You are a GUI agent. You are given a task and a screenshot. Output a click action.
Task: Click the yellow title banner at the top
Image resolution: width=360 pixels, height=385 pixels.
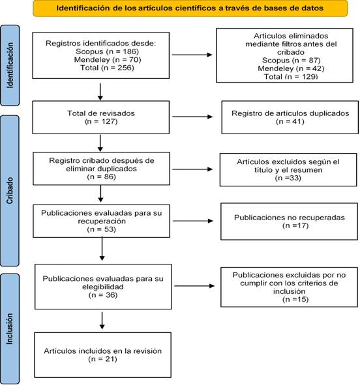click(190, 8)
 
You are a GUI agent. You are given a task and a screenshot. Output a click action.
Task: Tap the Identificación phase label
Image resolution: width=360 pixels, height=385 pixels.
click(10, 65)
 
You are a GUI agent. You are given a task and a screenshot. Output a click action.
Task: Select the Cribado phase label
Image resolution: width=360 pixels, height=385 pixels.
click(10, 191)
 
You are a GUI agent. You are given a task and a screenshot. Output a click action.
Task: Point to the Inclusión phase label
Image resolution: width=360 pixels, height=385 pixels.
click(10, 328)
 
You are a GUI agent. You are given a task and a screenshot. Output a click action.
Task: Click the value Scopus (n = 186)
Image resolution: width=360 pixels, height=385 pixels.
click(107, 51)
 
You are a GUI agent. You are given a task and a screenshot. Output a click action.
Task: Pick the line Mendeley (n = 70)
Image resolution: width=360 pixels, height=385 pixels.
click(108, 60)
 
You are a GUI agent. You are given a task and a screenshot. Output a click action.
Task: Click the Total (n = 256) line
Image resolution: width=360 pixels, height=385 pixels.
click(107, 68)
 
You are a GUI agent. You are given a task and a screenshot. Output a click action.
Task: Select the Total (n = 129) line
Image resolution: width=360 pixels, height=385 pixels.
click(291, 77)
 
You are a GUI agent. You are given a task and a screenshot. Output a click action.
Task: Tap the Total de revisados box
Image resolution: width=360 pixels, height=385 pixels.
click(100, 117)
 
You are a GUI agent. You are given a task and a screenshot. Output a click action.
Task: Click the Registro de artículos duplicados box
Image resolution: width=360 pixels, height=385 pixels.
click(290, 117)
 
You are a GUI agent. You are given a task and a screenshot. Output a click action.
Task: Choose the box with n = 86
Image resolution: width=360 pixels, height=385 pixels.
click(101, 169)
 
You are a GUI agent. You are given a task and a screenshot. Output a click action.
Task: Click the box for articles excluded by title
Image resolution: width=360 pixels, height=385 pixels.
click(288, 169)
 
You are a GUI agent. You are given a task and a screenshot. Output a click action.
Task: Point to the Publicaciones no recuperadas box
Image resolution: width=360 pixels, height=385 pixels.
click(289, 221)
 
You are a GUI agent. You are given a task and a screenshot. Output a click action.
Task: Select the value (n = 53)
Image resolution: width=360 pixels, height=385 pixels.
click(101, 229)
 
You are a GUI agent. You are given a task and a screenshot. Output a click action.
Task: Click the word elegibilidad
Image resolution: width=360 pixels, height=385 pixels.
click(103, 287)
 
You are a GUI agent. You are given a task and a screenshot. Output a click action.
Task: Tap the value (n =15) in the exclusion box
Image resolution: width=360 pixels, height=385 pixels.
click(295, 299)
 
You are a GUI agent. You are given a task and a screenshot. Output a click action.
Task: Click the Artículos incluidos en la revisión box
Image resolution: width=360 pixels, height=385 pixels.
click(102, 355)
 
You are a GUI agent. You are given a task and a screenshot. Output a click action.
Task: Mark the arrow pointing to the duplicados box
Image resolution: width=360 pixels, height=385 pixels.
click(192, 117)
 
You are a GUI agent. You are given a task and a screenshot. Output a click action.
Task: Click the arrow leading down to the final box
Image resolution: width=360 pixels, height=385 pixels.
click(102, 321)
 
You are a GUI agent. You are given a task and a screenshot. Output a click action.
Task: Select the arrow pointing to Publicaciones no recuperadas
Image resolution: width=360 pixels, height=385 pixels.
click(193, 221)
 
